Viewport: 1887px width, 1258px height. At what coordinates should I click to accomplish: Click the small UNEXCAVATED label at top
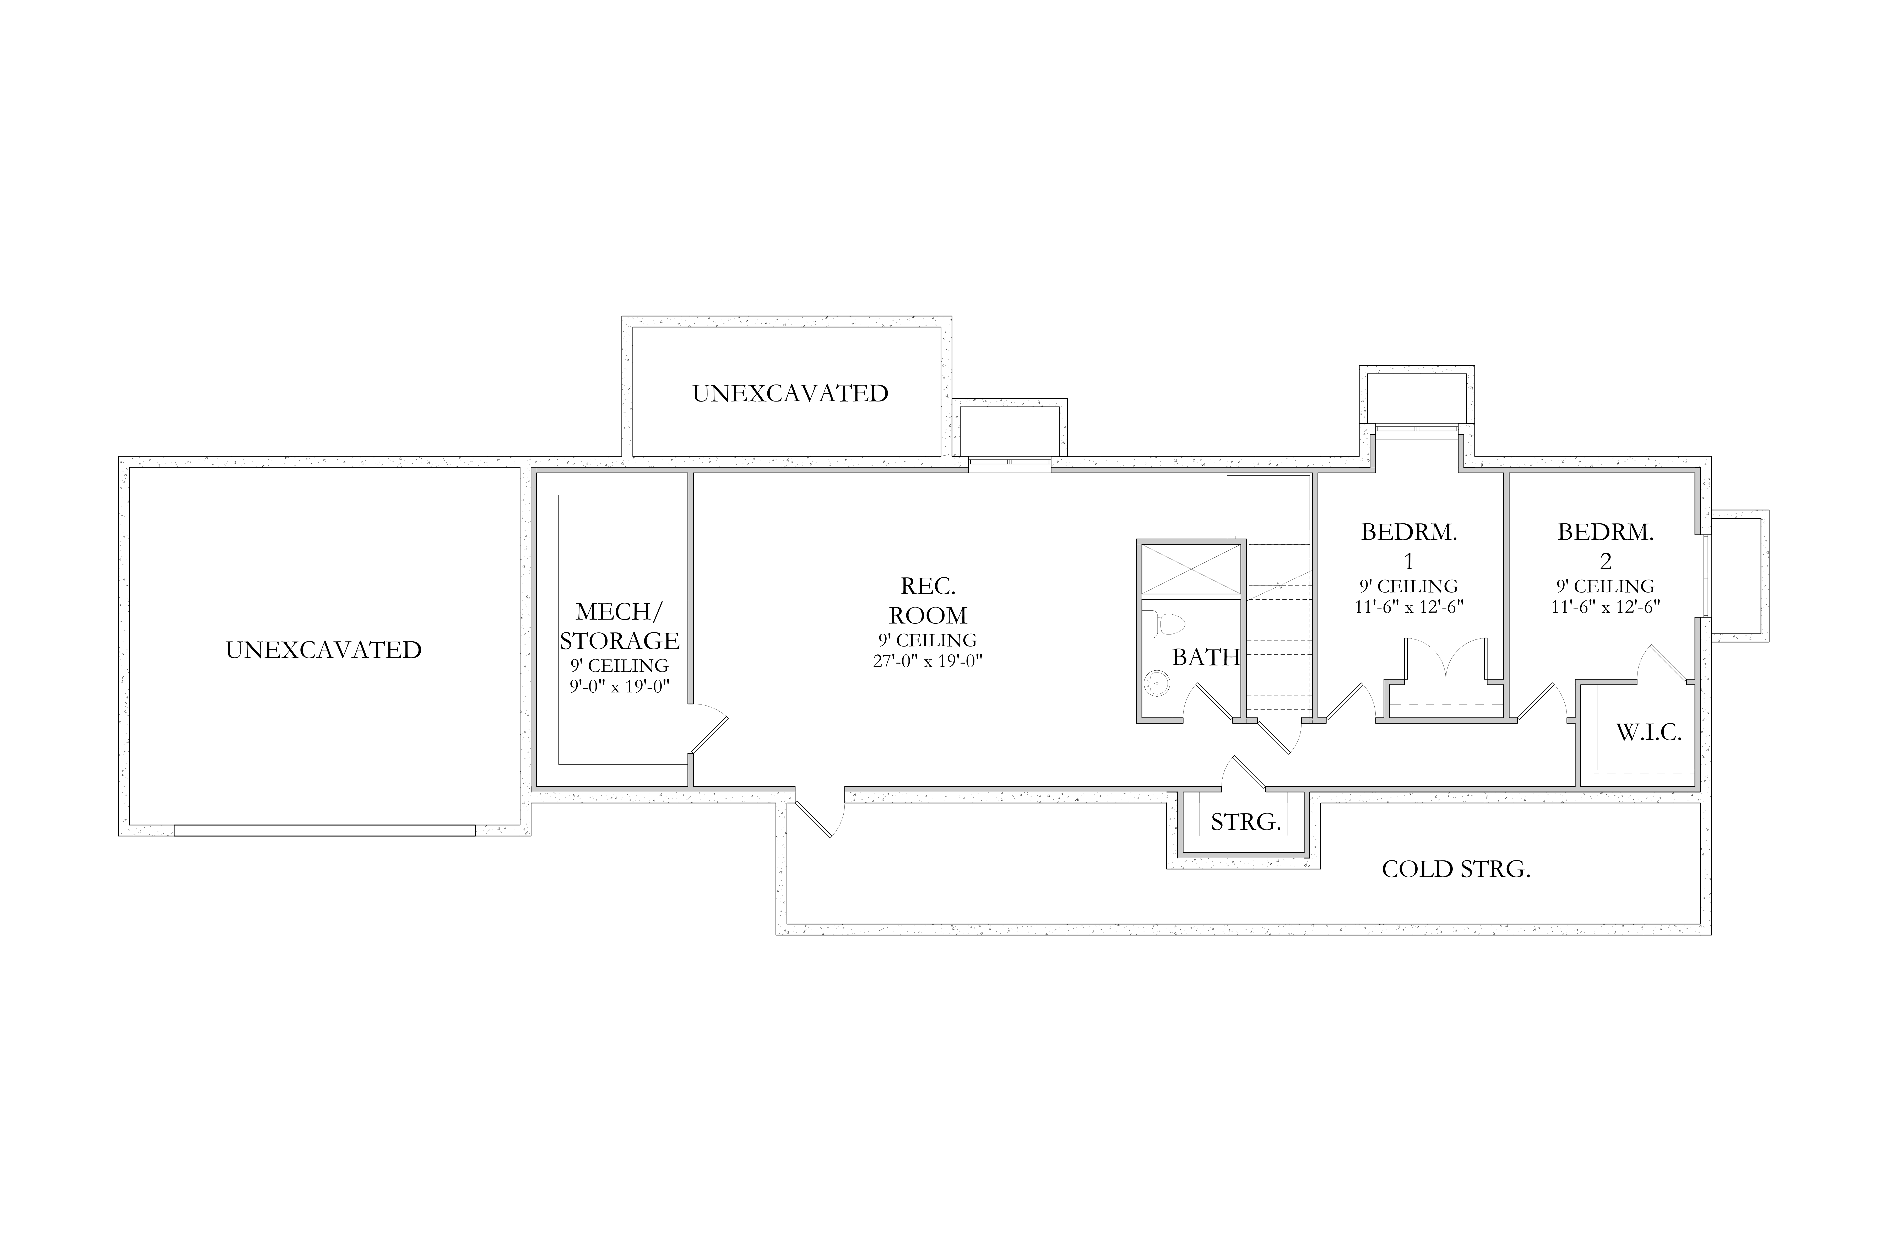[790, 393]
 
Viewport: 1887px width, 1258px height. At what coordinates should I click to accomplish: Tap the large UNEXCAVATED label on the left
[323, 650]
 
